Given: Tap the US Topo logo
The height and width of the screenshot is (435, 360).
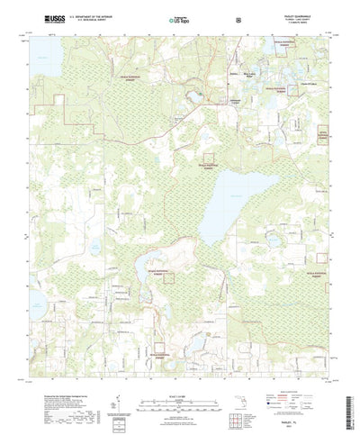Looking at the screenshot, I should (x=179, y=17).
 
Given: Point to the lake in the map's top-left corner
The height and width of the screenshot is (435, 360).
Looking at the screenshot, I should (x=42, y=58).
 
